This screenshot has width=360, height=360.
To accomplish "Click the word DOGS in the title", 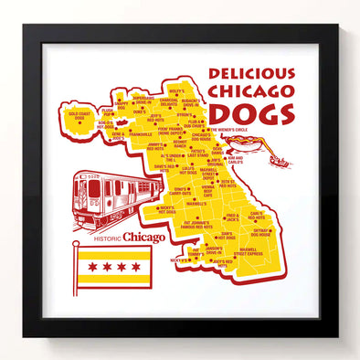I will coord(251,113).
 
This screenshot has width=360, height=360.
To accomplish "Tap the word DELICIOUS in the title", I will coord(251,73).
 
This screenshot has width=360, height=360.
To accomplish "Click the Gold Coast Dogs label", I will coord(79,116).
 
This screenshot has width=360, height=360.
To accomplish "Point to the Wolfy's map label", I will coord(176,91).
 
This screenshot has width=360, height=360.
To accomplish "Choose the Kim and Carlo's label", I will coord(237,159).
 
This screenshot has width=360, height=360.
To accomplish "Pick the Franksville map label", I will coord(141,133).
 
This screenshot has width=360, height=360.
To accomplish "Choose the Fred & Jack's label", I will coord(232,218).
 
